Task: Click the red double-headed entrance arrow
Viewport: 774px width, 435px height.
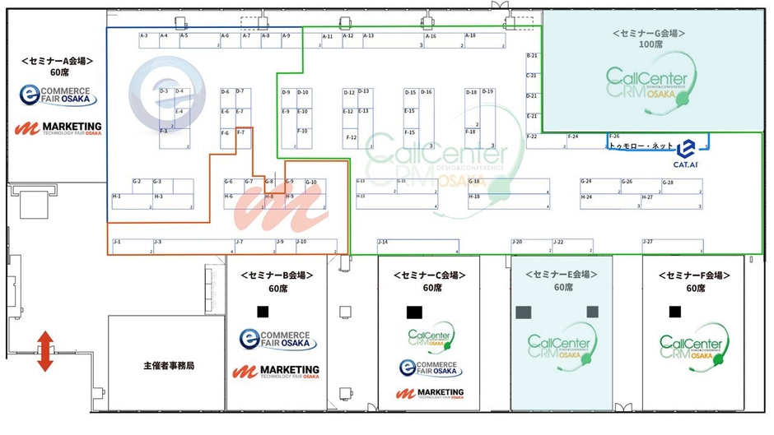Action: pyautogui.click(x=44, y=350)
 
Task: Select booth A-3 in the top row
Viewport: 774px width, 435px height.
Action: pyautogui.click(x=144, y=36)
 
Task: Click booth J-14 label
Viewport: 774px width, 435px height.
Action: pyautogui.click(x=383, y=242)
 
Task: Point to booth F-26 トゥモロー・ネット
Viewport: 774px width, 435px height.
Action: pyautogui.click(x=641, y=145)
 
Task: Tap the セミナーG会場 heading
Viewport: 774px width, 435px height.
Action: pyautogui.click(x=650, y=33)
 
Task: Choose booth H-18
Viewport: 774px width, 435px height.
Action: pyautogui.click(x=474, y=197)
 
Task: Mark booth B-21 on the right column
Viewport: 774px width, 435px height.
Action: pyautogui.click(x=531, y=55)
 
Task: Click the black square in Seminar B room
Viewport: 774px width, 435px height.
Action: pyautogui.click(x=263, y=312)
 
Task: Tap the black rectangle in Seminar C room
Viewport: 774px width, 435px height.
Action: pyautogui.click(x=415, y=312)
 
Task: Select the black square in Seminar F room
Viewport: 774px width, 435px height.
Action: pyautogui.click(x=675, y=312)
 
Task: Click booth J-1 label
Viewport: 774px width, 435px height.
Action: pyautogui.click(x=118, y=242)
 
